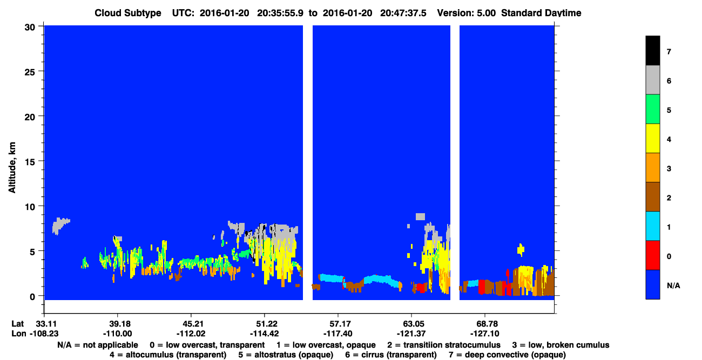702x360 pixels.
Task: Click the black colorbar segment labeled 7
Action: (x=653, y=50)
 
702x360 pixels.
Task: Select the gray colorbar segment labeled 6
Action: (x=653, y=80)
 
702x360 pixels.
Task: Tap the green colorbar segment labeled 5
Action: (x=653, y=109)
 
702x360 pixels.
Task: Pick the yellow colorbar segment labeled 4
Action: (x=653, y=138)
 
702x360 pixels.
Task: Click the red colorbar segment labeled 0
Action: (x=653, y=255)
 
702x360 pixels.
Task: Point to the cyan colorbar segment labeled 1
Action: (x=653, y=226)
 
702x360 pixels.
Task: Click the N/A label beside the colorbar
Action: (x=673, y=286)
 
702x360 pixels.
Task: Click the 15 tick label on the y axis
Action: (x=30, y=162)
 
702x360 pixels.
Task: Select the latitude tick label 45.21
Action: (x=191, y=324)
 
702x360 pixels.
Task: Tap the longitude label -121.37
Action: (x=411, y=334)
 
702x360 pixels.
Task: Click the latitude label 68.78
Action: (x=485, y=324)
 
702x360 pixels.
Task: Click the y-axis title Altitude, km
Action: (x=12, y=168)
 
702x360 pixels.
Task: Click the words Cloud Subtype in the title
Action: (x=128, y=13)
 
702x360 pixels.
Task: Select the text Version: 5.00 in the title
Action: (x=467, y=13)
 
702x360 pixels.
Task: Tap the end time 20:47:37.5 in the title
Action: (x=403, y=13)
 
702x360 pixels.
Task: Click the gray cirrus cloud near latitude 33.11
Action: (x=59, y=225)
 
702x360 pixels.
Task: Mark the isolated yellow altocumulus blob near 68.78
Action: (x=521, y=250)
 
